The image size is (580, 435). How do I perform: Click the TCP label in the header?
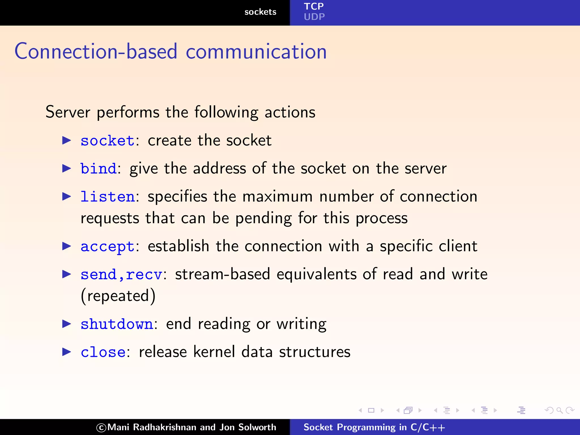click(x=314, y=6)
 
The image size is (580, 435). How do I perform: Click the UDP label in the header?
click(x=314, y=17)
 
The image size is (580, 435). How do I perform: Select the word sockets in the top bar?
click(x=260, y=12)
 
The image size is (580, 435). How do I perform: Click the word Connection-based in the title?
click(x=96, y=52)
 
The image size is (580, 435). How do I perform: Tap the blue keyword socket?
click(x=107, y=141)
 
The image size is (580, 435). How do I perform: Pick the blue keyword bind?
click(x=98, y=169)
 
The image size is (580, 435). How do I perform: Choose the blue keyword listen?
click(x=107, y=197)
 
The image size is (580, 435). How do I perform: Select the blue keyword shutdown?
click(x=117, y=324)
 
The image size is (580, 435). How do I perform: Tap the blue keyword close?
click(x=103, y=352)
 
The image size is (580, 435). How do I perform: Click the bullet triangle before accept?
click(x=67, y=246)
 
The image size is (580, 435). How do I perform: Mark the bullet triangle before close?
click(x=67, y=352)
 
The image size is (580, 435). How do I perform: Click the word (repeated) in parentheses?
click(x=118, y=296)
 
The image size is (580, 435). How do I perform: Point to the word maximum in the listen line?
click(x=278, y=197)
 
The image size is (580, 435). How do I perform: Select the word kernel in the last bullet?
click(x=214, y=352)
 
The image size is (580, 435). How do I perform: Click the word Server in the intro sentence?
click(x=68, y=112)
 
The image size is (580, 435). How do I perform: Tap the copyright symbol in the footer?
click(x=101, y=428)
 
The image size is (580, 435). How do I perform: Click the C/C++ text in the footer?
click(x=428, y=427)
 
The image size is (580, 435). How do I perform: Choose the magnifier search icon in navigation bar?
click(x=559, y=410)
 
